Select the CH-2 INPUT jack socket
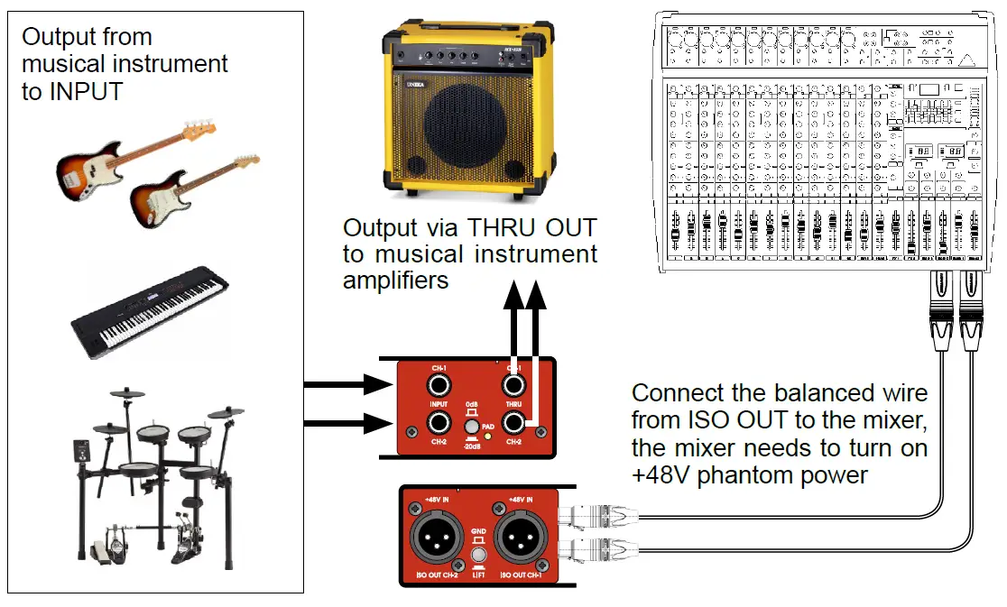(x=439, y=423)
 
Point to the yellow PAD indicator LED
(x=488, y=437)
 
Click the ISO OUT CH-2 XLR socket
(x=438, y=538)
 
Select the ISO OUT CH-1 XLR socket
(x=522, y=538)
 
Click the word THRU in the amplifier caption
(x=499, y=227)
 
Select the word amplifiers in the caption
(x=395, y=280)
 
